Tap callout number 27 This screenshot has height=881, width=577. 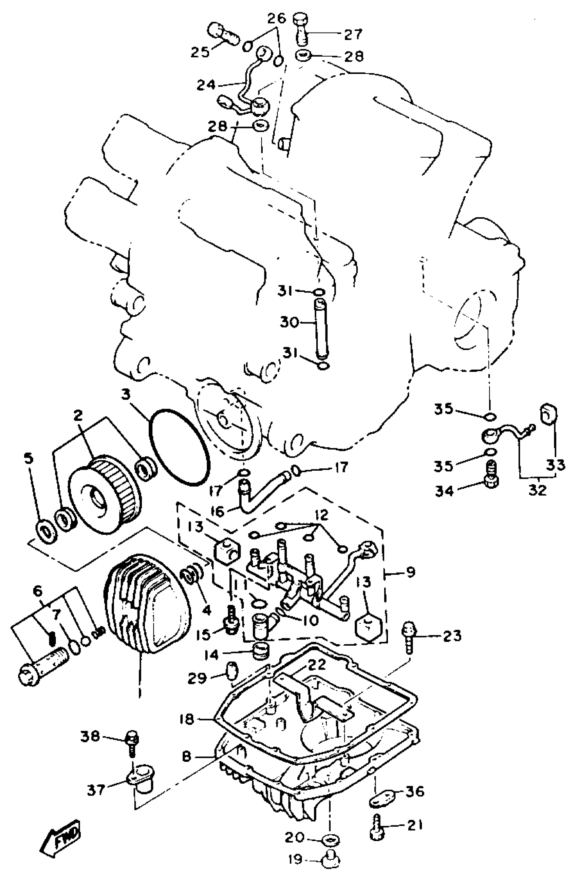[x=352, y=35]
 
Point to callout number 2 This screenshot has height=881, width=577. [x=78, y=416]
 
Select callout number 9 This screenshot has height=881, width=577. [x=411, y=572]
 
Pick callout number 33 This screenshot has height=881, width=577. [x=556, y=464]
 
